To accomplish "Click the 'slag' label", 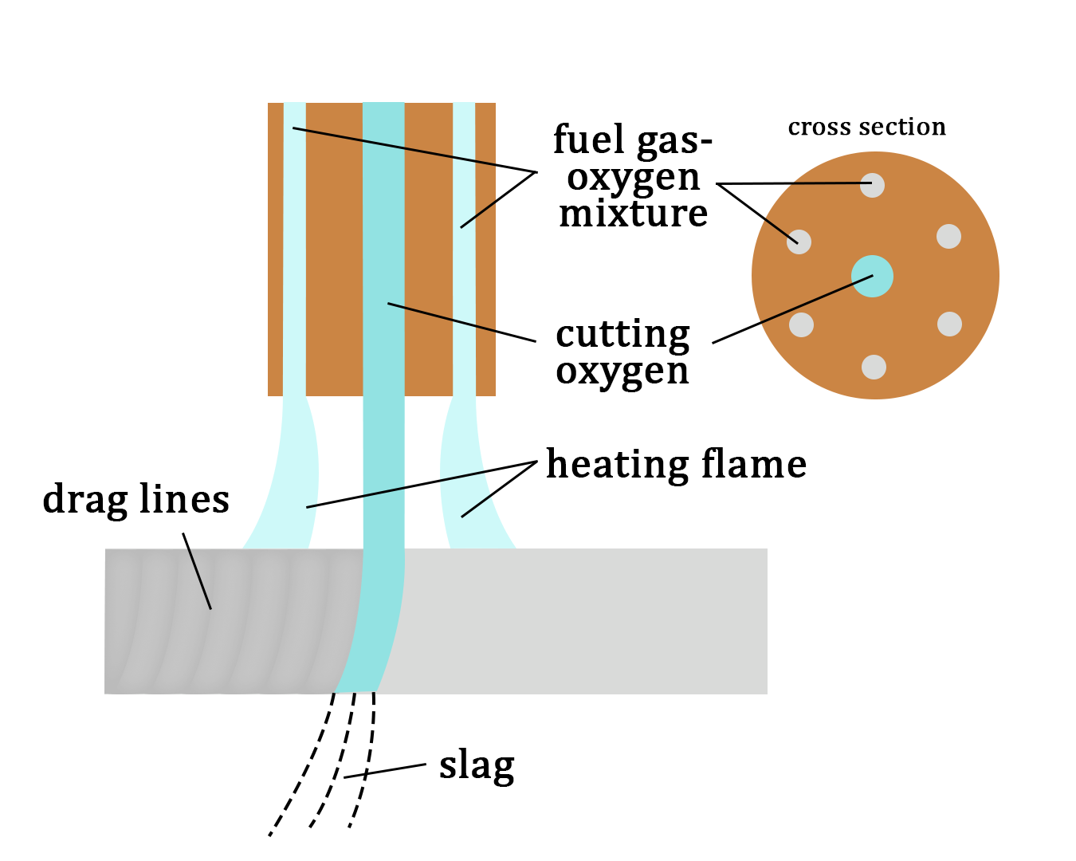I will tap(477, 766).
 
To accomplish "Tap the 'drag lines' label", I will tap(135, 500).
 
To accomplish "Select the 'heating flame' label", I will tap(676, 464).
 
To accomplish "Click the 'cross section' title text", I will tap(866, 127).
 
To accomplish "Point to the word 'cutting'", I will tap(622, 335).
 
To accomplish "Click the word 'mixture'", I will tap(633, 214).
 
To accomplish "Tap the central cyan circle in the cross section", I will tap(872, 277).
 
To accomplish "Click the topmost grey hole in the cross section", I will tap(873, 185).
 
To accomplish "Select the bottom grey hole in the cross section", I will tap(874, 367).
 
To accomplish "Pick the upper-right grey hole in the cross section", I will tap(948, 236).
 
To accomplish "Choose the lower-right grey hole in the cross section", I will tap(949, 324).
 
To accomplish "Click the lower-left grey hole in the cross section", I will tap(801, 324).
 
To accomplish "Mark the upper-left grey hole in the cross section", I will tap(799, 242).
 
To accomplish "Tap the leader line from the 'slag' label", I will tap(387, 771).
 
